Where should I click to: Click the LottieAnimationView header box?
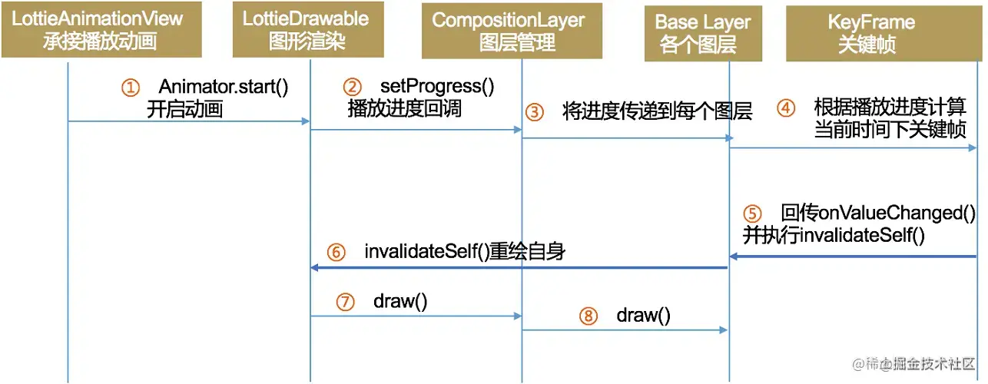pyautogui.click(x=101, y=31)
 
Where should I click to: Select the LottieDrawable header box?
pyautogui.click(x=305, y=31)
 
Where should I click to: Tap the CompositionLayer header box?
pyautogui.click(x=508, y=31)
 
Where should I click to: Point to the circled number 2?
pyautogui.click(x=352, y=86)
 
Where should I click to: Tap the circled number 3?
pyautogui.click(x=534, y=112)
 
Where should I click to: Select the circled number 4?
pyautogui.click(x=785, y=108)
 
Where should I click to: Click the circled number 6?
pyautogui.click(x=336, y=252)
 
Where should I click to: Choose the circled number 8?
pyautogui.click(x=588, y=316)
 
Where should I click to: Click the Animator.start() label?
pyautogui.click(x=224, y=86)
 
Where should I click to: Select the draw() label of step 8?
pyautogui.click(x=643, y=315)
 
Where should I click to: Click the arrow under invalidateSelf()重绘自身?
pyautogui.click(x=519, y=268)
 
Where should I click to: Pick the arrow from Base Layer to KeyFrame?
pyautogui.click(x=853, y=149)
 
